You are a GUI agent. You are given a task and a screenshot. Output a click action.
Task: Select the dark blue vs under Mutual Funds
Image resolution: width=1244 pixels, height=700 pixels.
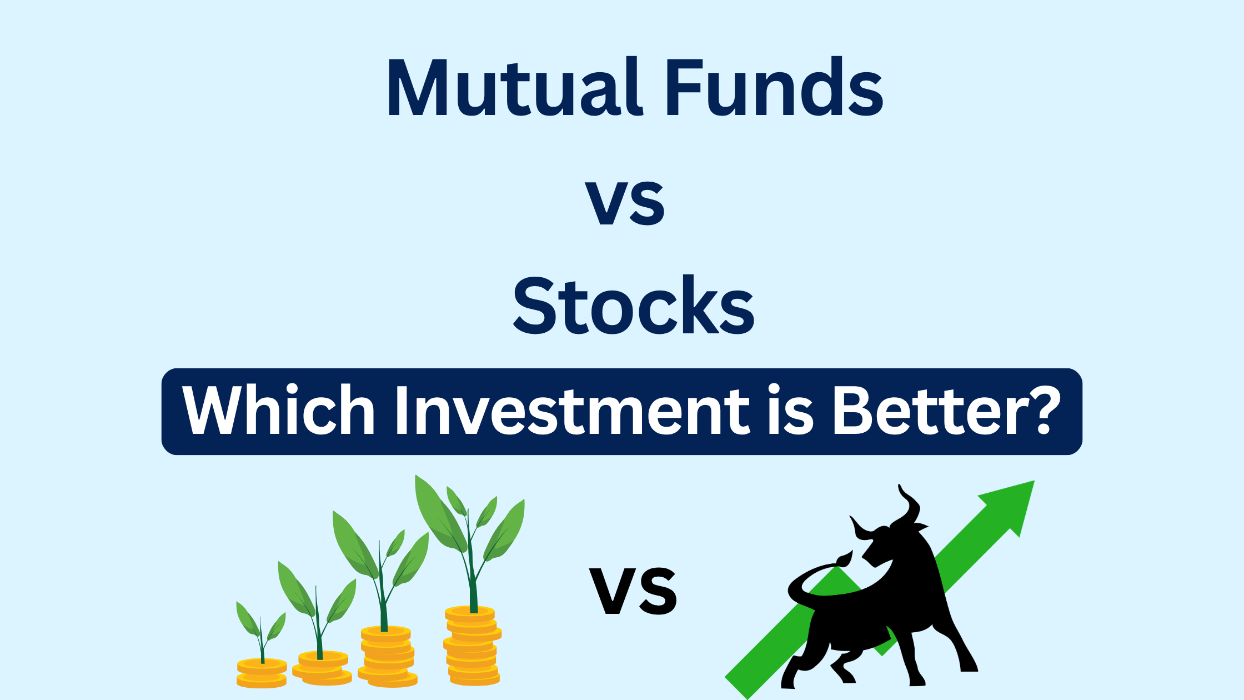click(x=625, y=203)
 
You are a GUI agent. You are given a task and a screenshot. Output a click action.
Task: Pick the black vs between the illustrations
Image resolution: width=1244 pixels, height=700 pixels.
click(x=633, y=591)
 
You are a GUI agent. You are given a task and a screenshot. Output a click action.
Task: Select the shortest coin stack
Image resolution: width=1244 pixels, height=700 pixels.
click(x=262, y=673)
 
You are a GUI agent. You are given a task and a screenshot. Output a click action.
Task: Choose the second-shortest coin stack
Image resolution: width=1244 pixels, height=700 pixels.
click(x=322, y=667)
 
